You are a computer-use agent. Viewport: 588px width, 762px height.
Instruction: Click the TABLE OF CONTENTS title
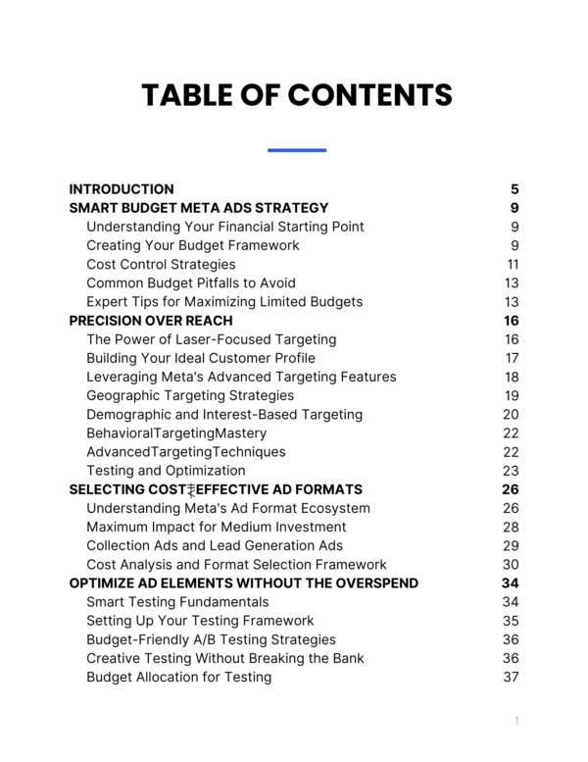(296, 95)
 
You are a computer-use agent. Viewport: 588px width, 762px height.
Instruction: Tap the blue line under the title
(296, 150)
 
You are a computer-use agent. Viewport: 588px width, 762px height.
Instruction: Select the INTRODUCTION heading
(122, 189)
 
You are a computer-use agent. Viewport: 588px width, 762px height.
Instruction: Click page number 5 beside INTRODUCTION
(514, 189)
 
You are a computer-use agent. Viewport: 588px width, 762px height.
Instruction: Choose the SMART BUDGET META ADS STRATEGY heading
(199, 208)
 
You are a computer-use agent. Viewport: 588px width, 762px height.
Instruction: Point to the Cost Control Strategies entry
(161, 264)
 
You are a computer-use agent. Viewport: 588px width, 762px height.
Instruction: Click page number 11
(513, 264)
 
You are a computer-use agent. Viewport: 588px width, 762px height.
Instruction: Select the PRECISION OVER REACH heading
(151, 321)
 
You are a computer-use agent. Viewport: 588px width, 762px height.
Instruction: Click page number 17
(512, 358)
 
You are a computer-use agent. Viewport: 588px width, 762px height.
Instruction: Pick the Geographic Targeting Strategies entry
(190, 395)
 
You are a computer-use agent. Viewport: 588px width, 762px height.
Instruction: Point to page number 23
(511, 471)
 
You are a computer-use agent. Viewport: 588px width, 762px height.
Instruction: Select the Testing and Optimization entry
(166, 471)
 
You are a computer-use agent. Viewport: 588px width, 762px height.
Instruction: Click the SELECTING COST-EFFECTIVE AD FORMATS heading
(216, 489)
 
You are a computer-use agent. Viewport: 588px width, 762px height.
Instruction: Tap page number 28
(511, 528)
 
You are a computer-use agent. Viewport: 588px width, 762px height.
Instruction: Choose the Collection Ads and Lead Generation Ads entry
(215, 546)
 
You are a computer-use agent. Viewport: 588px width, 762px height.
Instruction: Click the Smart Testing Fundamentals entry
(177, 602)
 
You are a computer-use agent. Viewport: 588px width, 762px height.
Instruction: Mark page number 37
(511, 678)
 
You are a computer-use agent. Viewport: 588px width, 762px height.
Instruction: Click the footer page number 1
(515, 722)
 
